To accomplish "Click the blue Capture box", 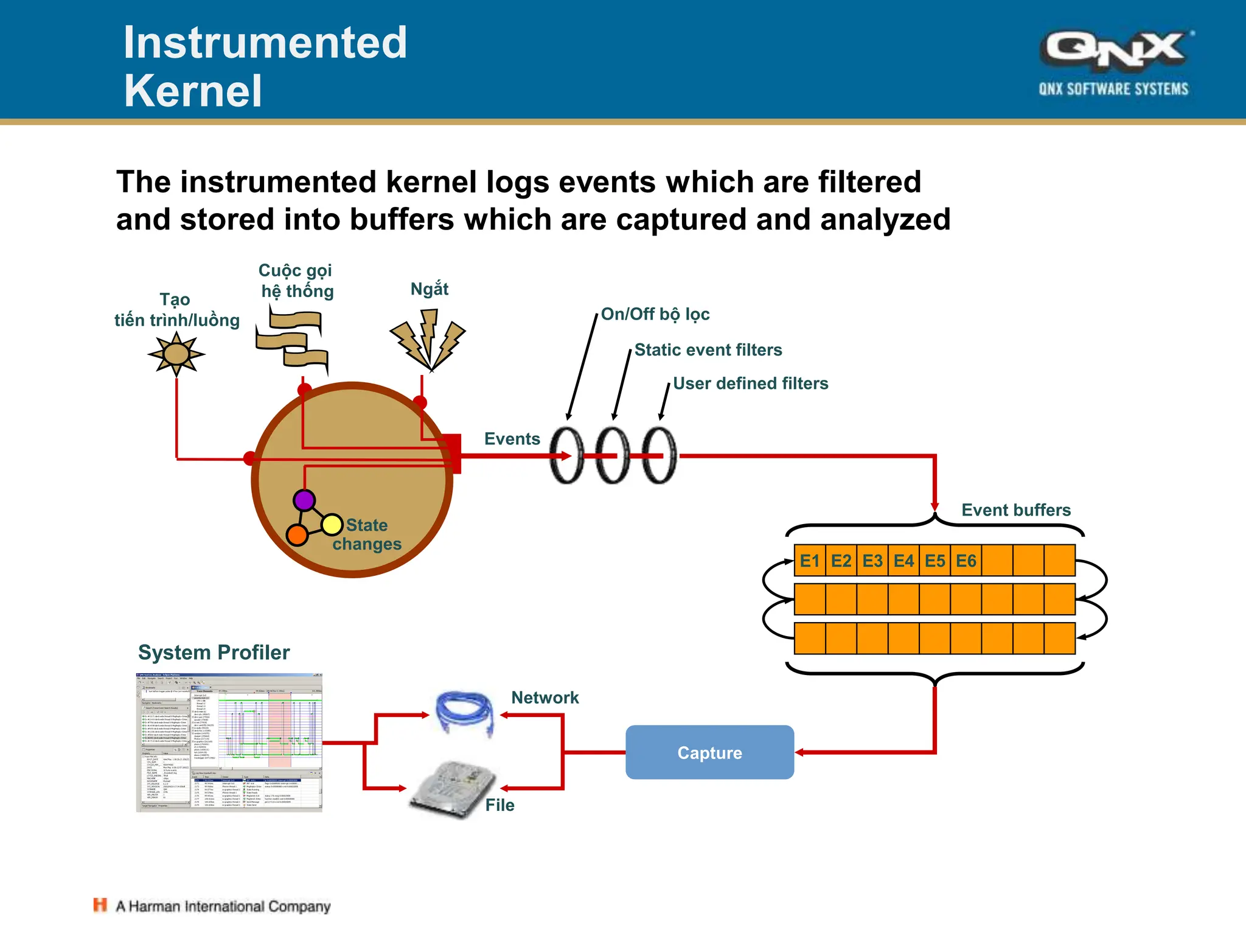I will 709,752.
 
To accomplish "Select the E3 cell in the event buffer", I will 872,561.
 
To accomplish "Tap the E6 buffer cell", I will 966,561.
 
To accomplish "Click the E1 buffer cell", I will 810,561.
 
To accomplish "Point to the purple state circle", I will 304,500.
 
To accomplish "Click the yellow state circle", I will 332,524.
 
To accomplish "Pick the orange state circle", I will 297,535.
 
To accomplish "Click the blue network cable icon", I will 465,713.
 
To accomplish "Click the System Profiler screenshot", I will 229,743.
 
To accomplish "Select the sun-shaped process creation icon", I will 176,354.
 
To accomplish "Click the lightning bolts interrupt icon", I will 428,340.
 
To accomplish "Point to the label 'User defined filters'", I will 750,383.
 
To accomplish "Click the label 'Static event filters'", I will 708,350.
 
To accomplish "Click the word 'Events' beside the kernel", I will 512,439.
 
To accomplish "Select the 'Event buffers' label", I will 1015,510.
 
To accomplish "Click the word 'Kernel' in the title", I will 193,91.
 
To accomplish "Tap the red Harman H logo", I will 100,905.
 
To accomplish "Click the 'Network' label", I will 545,698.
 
